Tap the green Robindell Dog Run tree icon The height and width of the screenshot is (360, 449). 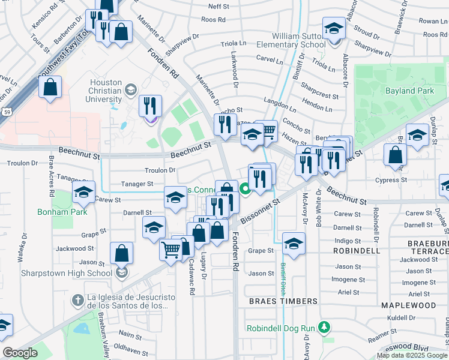pos(325,328)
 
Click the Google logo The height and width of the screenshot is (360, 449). pos(20,353)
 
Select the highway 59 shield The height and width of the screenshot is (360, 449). pos(5,112)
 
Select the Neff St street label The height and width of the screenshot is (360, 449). pos(218,7)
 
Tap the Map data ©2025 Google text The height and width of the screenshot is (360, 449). pos(412,355)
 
